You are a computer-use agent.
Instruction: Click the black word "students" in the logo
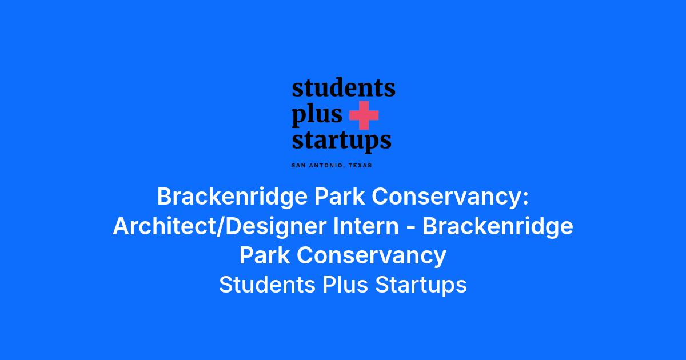[344, 87]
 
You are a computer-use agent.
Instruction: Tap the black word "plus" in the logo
[317, 115]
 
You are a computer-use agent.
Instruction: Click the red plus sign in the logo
[364, 115]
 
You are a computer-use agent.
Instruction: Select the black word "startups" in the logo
[341, 141]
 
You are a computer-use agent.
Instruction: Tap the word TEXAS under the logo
[361, 165]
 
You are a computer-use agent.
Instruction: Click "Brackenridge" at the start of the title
[232, 197]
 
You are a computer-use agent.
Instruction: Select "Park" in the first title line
[340, 197]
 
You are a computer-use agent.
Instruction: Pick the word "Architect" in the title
[164, 226]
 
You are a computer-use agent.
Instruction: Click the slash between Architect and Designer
[221, 227]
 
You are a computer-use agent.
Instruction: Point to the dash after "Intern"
[410, 229]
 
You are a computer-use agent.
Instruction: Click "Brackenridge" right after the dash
[498, 227]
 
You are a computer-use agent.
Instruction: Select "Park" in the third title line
[265, 255]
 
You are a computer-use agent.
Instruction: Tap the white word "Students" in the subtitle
[267, 285]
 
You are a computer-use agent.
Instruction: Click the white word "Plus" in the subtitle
[345, 285]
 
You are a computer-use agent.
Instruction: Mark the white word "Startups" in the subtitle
[421, 285]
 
